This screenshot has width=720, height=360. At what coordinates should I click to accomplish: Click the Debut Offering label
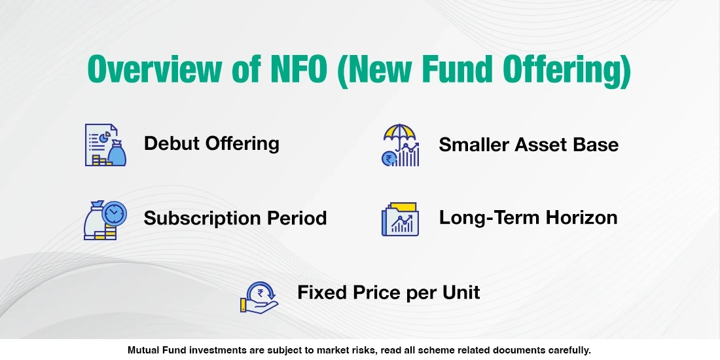tap(211, 143)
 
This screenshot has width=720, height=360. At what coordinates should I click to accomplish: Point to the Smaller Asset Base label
tap(528, 144)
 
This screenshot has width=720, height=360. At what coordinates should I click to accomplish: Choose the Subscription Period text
tap(235, 217)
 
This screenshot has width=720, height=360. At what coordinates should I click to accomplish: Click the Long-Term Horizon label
tap(528, 217)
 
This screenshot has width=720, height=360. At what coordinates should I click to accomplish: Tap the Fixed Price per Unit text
tap(388, 292)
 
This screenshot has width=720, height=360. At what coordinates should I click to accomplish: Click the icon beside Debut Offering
tap(105, 145)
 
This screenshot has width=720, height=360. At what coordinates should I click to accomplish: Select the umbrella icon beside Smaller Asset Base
tap(401, 145)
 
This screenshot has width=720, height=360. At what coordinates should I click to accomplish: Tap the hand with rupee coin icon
tap(259, 297)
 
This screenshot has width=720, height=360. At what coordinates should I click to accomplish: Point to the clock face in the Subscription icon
tap(113, 213)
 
